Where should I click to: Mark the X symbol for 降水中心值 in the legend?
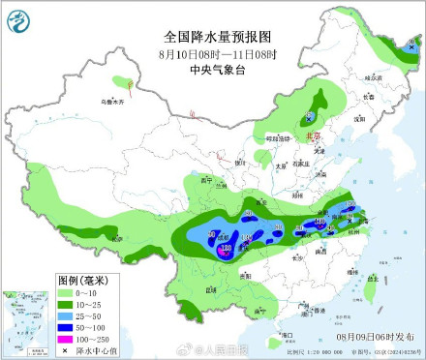65,349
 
